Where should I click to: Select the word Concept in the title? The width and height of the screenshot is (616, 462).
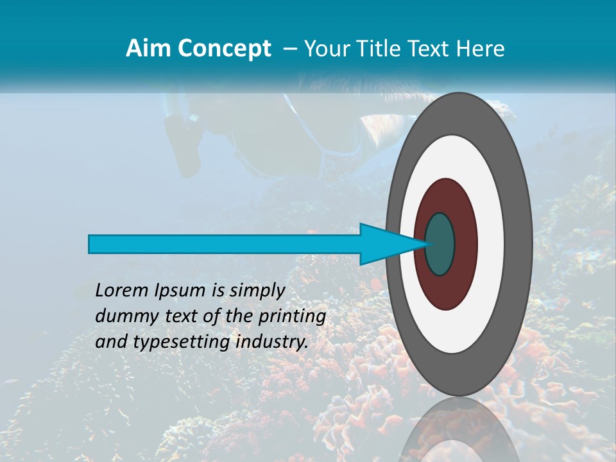(225, 48)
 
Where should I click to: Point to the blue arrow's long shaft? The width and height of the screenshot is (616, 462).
(225, 244)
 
